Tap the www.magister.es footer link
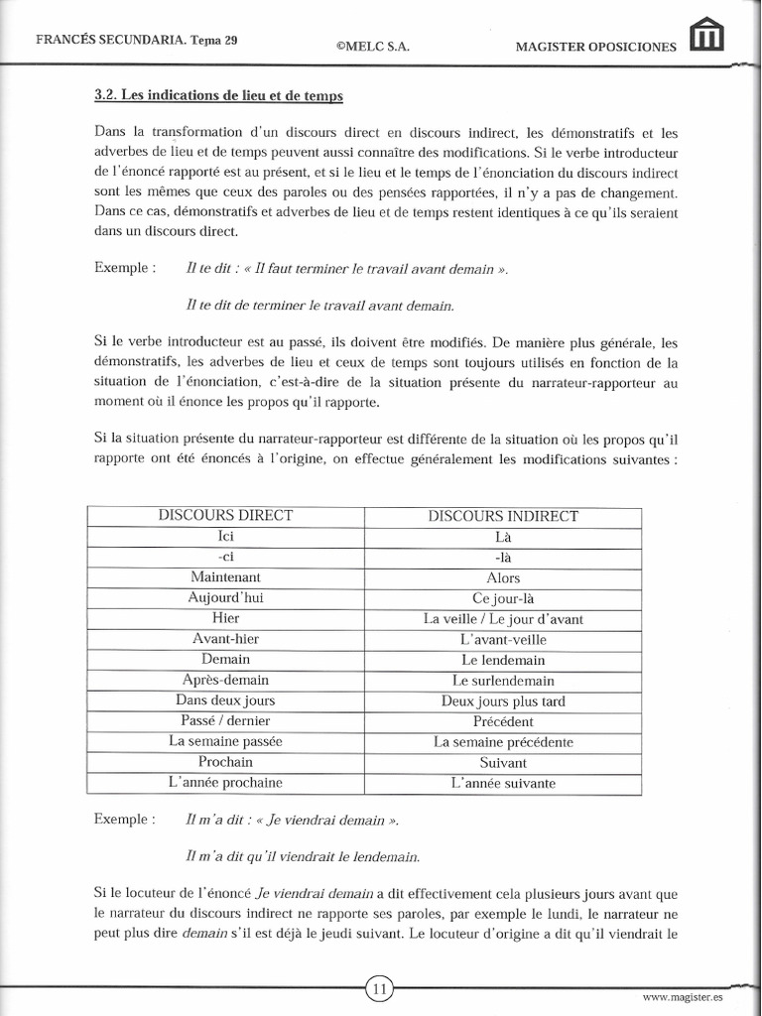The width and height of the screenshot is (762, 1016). (683, 996)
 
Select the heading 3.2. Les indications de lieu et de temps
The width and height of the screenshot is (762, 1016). (218, 96)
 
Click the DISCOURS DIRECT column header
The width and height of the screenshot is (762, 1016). (225, 515)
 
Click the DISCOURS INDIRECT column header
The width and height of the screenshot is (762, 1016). (503, 516)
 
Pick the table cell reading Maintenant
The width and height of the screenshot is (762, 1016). (225, 576)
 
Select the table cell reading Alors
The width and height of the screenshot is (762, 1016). (503, 577)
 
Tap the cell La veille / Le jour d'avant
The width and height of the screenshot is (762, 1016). (503, 618)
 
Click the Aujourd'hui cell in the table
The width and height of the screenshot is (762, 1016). (225, 597)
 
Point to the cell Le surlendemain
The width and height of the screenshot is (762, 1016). (503, 681)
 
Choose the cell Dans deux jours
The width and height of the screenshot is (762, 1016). (225, 700)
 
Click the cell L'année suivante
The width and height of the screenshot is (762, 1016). (503, 783)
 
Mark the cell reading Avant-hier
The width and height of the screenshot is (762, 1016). (225, 639)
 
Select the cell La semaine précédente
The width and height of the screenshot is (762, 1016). (503, 742)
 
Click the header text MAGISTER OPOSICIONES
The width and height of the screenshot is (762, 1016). (596, 46)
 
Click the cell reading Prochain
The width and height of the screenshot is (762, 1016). (225, 762)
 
